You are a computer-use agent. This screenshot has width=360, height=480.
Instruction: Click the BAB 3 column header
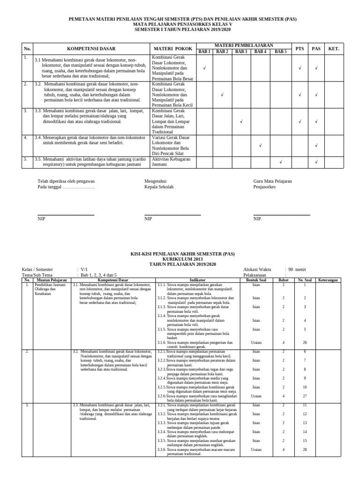coord(241,52)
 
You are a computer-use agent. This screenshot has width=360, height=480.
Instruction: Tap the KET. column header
coord(333,49)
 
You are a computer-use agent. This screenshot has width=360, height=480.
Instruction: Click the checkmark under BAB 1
coord(204,68)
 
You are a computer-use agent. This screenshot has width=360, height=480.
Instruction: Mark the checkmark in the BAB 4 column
coord(260,145)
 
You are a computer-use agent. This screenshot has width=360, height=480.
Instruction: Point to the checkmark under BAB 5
coord(280,162)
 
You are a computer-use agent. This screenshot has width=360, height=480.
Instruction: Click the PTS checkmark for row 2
coord(300,95)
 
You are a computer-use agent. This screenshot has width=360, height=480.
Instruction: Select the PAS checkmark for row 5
coord(316,162)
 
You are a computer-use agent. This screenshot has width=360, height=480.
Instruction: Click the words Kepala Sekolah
coord(159,187)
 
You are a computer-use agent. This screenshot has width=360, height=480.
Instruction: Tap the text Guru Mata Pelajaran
coord(273,181)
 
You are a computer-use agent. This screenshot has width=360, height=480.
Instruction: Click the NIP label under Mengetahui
coord(148,218)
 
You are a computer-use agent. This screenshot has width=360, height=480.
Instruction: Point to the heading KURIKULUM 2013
coord(180,258)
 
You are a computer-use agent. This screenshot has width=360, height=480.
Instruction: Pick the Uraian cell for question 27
coord(256,396)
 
